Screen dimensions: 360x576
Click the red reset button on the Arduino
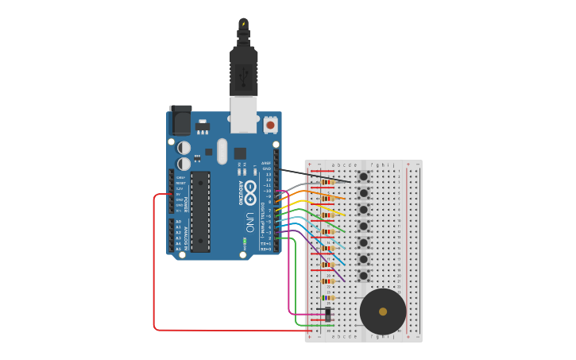point(270,125)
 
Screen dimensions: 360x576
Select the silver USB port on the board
point(244,113)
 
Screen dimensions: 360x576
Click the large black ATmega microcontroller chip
point(200,211)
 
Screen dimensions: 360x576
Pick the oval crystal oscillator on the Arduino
point(222,151)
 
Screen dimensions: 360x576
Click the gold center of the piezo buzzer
point(383,312)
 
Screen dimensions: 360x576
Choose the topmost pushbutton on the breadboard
point(363,176)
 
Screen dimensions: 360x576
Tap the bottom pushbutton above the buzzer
point(363,276)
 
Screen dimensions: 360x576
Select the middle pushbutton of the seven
point(363,226)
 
